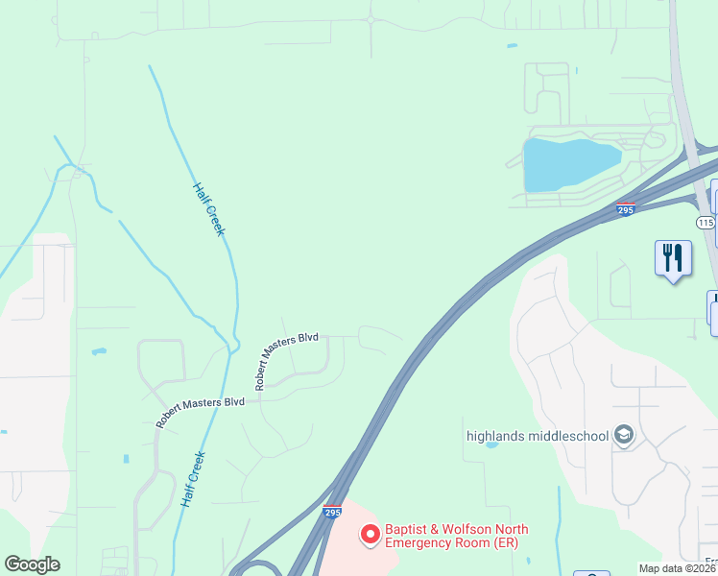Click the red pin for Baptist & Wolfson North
click(369, 535)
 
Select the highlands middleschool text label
click(538, 436)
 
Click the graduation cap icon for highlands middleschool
click(625, 435)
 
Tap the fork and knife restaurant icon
click(673, 258)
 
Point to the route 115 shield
click(706, 223)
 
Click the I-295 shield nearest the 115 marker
click(626, 208)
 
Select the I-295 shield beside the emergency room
click(332, 513)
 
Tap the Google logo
click(32, 564)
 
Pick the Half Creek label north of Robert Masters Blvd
click(208, 209)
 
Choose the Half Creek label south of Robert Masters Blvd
click(192, 480)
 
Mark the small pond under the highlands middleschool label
click(492, 445)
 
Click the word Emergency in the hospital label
click(417, 543)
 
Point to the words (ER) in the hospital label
click(506, 543)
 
